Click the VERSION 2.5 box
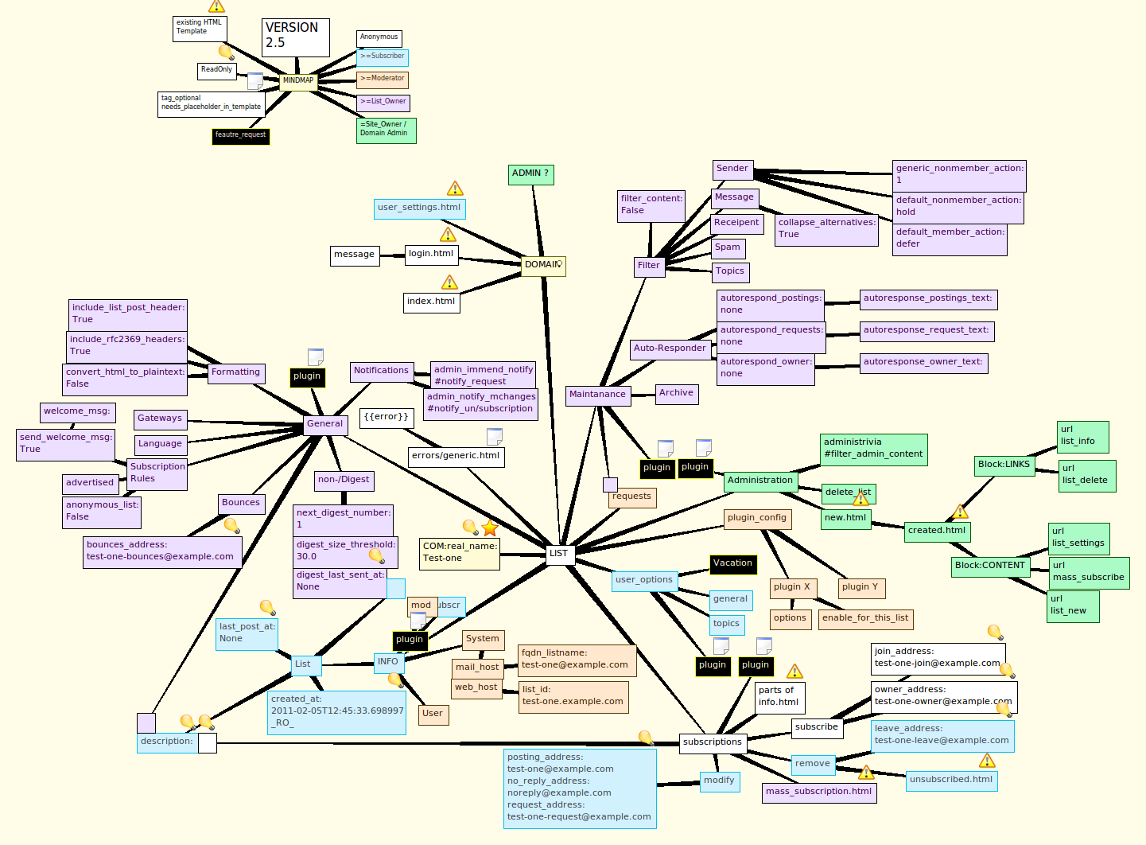tap(295, 37)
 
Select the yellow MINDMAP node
tap(298, 80)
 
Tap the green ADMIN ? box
tap(530, 174)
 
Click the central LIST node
tap(559, 554)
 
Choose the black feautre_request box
tap(240, 135)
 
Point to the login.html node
tap(431, 254)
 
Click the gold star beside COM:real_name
tap(490, 528)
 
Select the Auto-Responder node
tap(670, 349)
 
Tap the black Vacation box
tap(732, 563)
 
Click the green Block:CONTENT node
tap(990, 566)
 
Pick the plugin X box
tap(791, 587)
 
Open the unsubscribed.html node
tap(951, 780)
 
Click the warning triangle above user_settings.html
tap(455, 189)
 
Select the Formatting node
tap(235, 372)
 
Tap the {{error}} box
tap(387, 417)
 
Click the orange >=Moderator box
tap(383, 79)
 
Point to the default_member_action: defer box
tap(950, 239)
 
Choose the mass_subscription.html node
tap(819, 792)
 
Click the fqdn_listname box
tap(577, 660)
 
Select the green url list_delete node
tap(1087, 475)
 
